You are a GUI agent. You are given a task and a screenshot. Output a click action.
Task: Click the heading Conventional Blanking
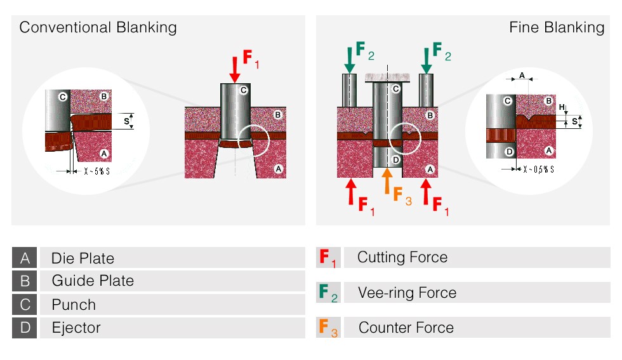click(98, 27)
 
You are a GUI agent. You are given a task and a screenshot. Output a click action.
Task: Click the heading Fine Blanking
click(556, 27)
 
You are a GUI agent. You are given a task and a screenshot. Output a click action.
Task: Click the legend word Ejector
click(76, 328)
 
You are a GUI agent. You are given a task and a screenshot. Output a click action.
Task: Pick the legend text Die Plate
click(83, 258)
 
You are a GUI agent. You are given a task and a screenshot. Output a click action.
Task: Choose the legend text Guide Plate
click(92, 281)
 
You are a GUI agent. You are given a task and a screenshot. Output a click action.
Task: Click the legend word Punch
click(74, 305)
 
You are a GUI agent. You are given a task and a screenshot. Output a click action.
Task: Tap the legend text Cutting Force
click(402, 257)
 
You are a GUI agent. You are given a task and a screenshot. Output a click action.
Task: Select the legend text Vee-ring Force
click(407, 293)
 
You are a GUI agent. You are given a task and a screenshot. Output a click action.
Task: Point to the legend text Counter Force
click(406, 328)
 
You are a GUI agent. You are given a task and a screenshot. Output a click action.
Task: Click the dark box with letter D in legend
click(25, 328)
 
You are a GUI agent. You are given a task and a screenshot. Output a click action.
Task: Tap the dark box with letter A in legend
click(25, 258)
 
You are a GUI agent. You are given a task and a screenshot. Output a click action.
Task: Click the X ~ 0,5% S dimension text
click(537, 170)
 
